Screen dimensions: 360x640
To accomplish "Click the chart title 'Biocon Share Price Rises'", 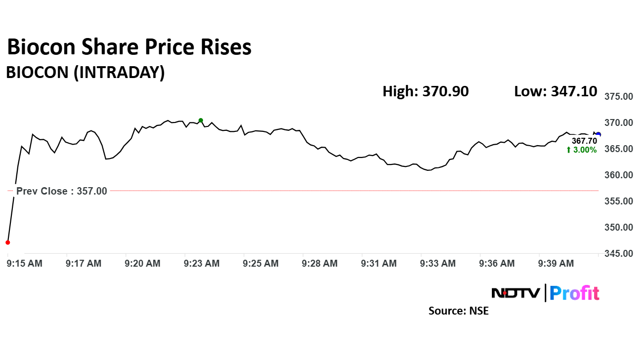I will tap(129, 47).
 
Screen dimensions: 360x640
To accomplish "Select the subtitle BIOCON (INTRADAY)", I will tap(85, 73).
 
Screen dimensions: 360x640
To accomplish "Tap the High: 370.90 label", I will tap(425, 91).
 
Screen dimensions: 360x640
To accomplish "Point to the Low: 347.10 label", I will tap(556, 91).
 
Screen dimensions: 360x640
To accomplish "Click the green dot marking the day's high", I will tap(200, 120).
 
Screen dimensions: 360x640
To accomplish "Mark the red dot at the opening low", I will tap(7, 242).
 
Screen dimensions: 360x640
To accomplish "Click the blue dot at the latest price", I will tap(599, 134).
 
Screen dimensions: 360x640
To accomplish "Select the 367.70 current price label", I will tap(584, 141).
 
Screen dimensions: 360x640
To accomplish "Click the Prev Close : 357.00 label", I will tap(62, 191).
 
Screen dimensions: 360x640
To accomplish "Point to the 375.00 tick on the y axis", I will tap(619, 97).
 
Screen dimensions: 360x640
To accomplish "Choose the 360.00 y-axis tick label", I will tap(619, 175).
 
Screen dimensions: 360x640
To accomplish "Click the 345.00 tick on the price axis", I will tap(619, 254).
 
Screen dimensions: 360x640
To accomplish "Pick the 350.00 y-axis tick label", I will tap(619, 228).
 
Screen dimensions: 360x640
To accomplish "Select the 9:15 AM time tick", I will tap(25, 264).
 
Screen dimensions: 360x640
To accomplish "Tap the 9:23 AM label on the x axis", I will tap(201, 264).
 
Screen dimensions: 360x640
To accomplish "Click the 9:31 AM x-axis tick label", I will tap(379, 264).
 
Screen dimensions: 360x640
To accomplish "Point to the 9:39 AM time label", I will tap(556, 264).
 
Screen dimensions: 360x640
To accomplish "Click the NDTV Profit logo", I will tap(545, 293).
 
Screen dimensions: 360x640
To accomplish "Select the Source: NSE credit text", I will tap(458, 311).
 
